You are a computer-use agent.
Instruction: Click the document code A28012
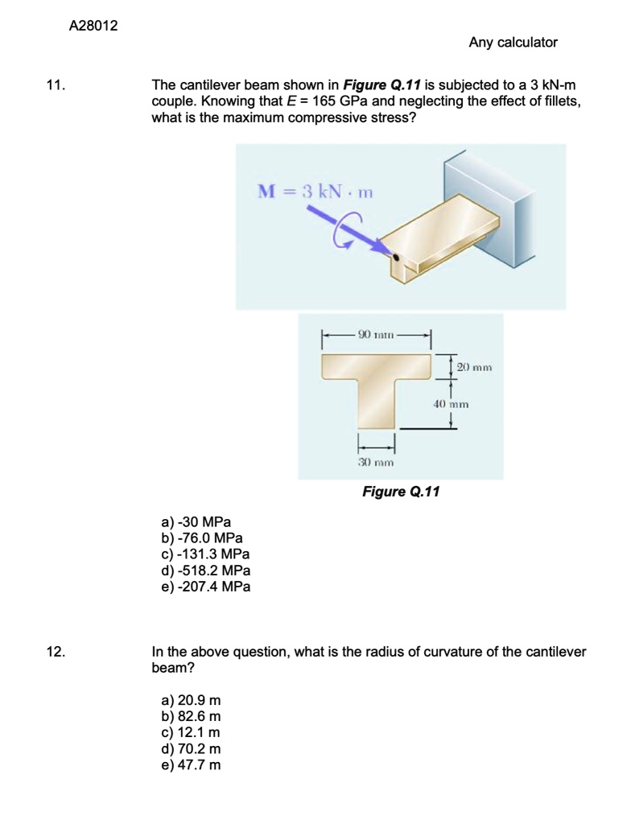pyautogui.click(x=93, y=26)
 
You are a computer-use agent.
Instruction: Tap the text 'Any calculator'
pyautogui.click(x=513, y=42)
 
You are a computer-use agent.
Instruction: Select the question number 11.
pyautogui.click(x=55, y=85)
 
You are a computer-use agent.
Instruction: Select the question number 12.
pyautogui.click(x=56, y=652)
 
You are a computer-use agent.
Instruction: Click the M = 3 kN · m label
pyautogui.click(x=315, y=192)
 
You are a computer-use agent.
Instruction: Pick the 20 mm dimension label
pyautogui.click(x=474, y=367)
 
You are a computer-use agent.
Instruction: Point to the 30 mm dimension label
pyautogui.click(x=375, y=463)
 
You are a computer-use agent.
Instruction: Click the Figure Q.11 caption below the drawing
pyautogui.click(x=401, y=492)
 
